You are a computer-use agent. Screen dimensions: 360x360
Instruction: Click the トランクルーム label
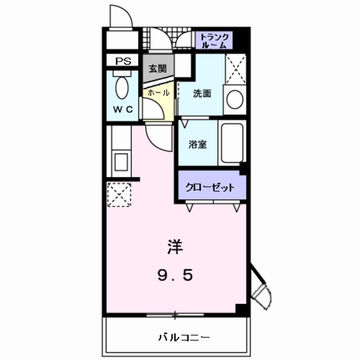[x=214, y=39]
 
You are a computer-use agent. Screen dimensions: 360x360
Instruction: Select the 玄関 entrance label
[x=157, y=69]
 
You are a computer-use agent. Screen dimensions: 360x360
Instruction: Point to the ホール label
[x=158, y=92]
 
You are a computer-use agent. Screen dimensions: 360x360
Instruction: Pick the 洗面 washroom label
[x=202, y=94]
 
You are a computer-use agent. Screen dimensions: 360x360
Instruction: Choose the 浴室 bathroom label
[x=197, y=143]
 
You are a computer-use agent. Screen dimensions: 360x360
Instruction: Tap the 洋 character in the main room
[x=174, y=246]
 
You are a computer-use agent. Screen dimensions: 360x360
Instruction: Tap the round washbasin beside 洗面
[x=235, y=100]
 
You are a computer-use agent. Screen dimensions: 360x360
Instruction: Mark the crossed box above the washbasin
[x=235, y=70]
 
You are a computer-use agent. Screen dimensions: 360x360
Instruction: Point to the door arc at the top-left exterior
[x=120, y=16]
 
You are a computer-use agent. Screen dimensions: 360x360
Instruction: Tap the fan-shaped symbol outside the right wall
[x=262, y=294]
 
